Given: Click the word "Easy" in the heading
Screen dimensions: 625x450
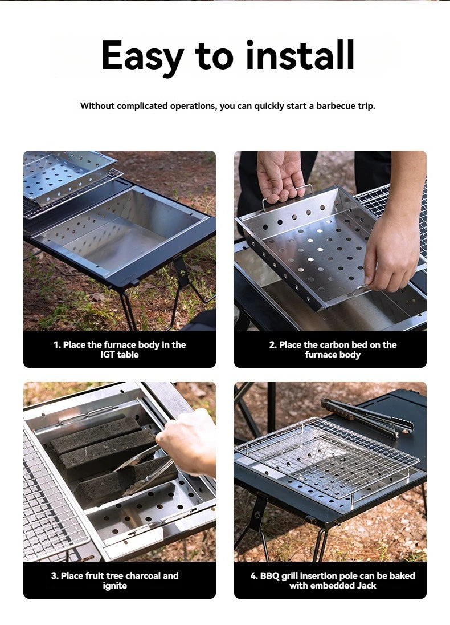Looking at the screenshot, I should coord(142,56).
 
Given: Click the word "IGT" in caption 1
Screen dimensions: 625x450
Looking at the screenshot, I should coord(108,355).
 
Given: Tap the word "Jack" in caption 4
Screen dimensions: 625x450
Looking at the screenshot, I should coord(365,586).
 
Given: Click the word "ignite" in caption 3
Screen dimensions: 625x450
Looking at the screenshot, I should coord(115,586).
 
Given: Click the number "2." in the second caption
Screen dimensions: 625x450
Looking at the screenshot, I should coord(273,345).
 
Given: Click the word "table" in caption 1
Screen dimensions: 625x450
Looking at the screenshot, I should coord(128,355).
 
